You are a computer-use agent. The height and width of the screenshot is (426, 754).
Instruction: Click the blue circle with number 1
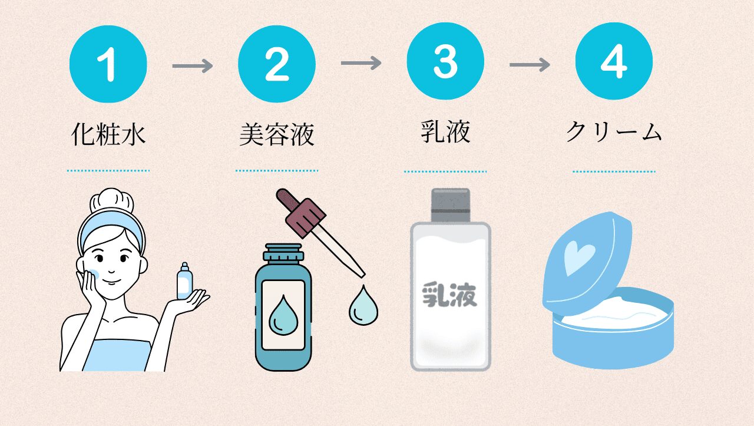point(108,64)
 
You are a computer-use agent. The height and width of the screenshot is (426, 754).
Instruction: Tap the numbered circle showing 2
point(277,64)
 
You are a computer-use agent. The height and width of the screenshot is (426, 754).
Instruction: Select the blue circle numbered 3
point(445,61)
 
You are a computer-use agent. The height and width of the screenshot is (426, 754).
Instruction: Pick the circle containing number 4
point(614,61)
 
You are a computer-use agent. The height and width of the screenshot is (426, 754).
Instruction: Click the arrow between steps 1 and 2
point(193,65)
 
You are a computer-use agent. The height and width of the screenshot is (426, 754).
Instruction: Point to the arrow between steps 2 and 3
point(361,63)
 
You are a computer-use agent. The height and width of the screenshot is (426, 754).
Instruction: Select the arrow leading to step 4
point(530,64)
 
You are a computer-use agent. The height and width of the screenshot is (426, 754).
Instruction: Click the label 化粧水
point(108,134)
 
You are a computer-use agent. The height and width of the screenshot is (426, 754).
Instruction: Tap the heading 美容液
point(277,134)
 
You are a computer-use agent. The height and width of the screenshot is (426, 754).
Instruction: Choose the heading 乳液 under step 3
point(445,131)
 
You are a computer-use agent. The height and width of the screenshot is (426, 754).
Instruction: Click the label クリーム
point(614,131)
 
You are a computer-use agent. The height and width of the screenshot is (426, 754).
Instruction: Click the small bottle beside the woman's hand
point(185,281)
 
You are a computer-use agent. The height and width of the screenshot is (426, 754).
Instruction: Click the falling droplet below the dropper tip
point(363,306)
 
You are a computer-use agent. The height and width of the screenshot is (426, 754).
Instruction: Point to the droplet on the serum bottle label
point(283,316)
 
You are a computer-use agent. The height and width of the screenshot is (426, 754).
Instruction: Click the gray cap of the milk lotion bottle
point(451,205)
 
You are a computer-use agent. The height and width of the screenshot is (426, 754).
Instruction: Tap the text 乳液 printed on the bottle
point(449,295)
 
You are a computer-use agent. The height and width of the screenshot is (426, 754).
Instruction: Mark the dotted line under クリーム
point(614,171)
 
